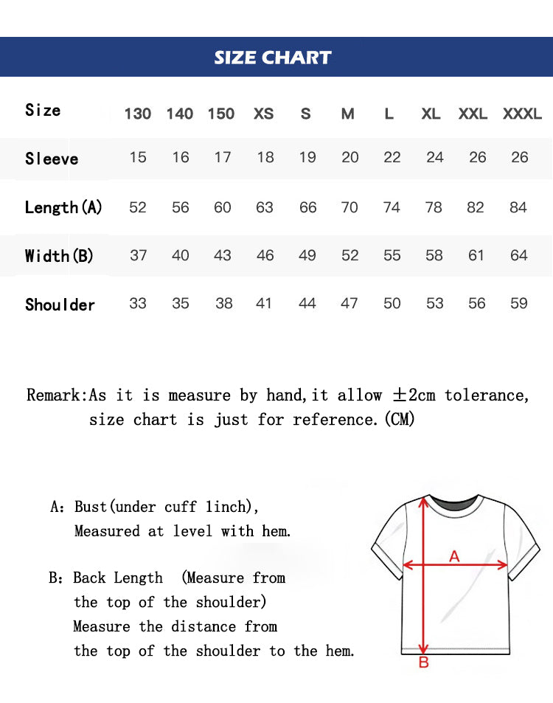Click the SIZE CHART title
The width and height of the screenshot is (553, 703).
pos(273,58)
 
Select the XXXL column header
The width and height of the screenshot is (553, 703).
pos(522,114)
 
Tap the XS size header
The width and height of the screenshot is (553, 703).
pos(263,114)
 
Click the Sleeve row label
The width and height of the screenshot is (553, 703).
pos(52,159)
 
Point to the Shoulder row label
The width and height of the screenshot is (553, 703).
pos(60,305)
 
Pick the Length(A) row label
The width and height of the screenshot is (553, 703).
pos(63,207)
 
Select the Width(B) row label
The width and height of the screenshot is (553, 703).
pos(59,256)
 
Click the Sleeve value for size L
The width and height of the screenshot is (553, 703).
pos(392,157)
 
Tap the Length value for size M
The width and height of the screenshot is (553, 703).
pos(349,207)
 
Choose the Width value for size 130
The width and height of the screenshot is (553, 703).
pos(138,255)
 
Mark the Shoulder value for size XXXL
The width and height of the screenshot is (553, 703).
pos(519,303)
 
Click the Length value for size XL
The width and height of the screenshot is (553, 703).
pos(434,207)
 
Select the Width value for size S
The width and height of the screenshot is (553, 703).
pos(307,255)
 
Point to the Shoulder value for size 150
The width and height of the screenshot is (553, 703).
pos(223,303)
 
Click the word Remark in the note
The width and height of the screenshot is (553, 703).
pos(55,395)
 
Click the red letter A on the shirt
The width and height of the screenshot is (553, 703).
pos(454,556)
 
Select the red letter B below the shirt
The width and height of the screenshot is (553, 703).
pos(424,662)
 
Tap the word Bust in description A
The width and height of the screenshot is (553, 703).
pos(91,507)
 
